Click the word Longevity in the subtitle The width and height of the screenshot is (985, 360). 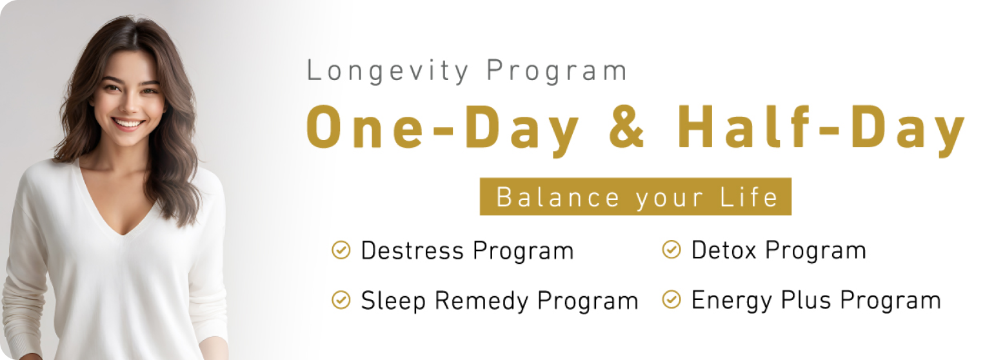point(388,71)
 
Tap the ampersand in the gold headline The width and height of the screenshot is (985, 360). point(627,127)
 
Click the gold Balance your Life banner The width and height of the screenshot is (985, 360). point(635,197)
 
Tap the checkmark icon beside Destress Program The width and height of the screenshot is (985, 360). point(341,250)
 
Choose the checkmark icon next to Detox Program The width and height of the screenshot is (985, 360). point(671,250)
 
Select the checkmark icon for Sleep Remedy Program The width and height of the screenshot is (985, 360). point(341,300)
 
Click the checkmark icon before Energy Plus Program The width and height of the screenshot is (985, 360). point(671,300)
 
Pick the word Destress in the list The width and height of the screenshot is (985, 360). point(412,250)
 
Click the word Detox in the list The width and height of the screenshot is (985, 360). point(724,250)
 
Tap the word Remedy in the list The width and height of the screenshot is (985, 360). point(481,302)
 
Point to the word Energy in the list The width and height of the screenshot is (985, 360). point(731,301)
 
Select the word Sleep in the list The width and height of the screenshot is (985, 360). point(393,302)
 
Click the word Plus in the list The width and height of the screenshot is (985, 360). point(806,300)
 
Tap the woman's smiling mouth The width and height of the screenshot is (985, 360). point(128,123)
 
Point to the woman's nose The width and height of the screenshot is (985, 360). point(130,105)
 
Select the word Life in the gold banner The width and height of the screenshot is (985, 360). point(750,197)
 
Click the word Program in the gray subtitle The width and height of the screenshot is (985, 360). point(557,71)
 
